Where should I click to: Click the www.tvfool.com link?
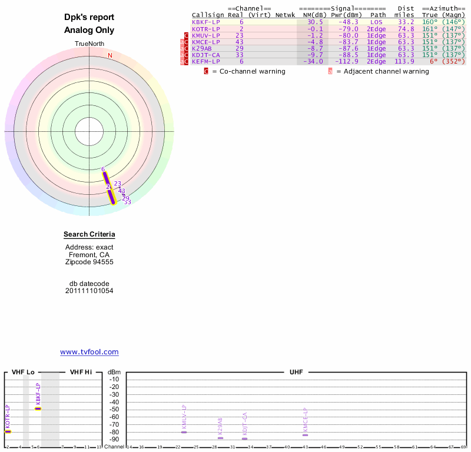89,352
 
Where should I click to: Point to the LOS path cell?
376,22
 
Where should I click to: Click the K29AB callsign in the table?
202,48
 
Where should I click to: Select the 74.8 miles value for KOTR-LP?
406,28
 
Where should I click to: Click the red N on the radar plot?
110,55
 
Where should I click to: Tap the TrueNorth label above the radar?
89,44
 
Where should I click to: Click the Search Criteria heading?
89,235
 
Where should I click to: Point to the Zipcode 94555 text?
89,262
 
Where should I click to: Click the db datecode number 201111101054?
89,291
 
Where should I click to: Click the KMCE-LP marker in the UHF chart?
305,434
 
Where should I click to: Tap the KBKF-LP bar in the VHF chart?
38,408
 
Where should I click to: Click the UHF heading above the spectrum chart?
295,372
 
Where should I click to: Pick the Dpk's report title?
89,18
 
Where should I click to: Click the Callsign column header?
208,15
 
